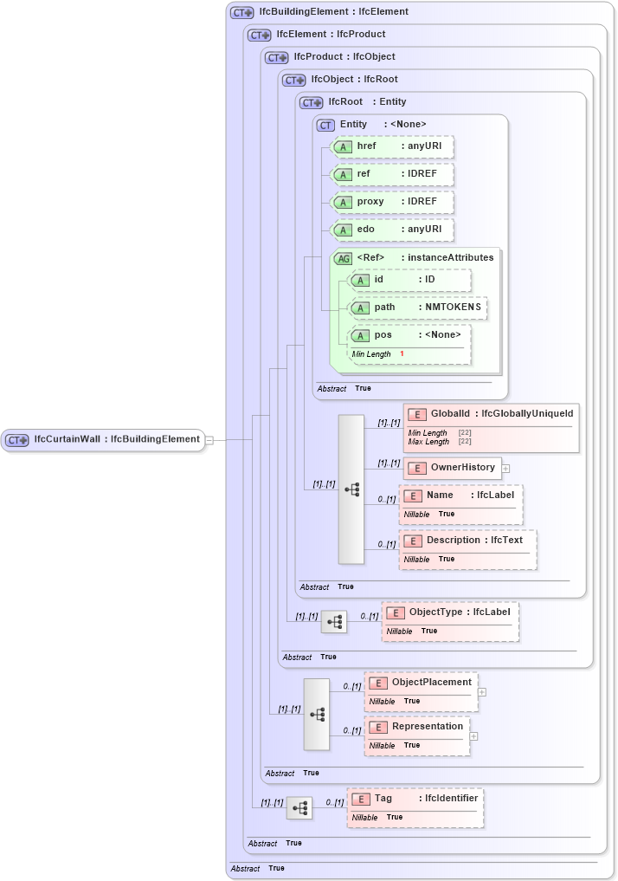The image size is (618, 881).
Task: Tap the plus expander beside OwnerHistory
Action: click(506, 469)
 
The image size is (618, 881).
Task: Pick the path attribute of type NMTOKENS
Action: click(417, 307)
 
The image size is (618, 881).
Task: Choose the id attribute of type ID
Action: click(409, 280)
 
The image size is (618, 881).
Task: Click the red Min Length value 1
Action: click(402, 354)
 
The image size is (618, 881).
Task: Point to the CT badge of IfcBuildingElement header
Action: click(241, 13)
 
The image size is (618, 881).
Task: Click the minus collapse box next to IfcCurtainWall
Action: click(209, 440)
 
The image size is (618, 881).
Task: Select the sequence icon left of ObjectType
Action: click(334, 622)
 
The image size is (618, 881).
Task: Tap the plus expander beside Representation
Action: click(473, 736)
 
